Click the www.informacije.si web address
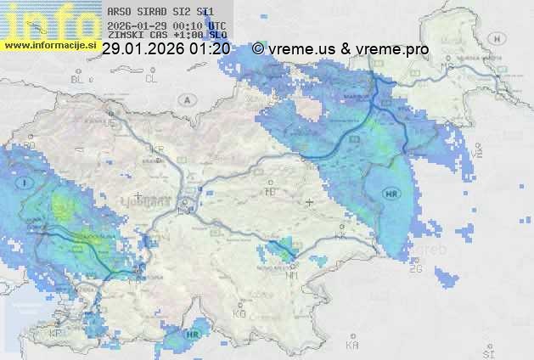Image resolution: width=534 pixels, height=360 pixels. (x=49, y=44)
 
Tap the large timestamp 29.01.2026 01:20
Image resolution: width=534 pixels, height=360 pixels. (x=166, y=49)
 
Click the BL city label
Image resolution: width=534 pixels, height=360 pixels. (x=78, y=79)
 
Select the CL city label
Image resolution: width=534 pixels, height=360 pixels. (x=151, y=79)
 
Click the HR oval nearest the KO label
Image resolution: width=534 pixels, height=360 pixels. (x=193, y=335)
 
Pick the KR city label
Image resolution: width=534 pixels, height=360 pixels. (x=157, y=149)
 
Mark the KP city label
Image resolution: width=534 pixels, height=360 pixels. (x=55, y=334)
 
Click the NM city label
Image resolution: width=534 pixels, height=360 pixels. (x=292, y=276)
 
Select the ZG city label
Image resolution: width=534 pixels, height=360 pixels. (x=415, y=269)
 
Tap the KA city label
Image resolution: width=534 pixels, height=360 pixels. (x=351, y=346)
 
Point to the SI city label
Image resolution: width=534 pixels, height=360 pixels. (x=487, y=351)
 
